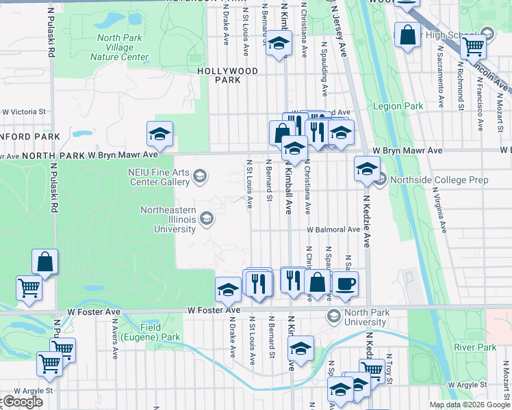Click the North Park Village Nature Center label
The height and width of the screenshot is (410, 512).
click(119, 47)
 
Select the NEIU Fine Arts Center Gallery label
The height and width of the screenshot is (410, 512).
click(158, 178)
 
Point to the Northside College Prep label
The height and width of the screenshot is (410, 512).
click(422, 179)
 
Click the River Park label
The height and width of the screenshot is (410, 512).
click(474, 347)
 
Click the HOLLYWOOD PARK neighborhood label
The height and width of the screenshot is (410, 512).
click(227, 75)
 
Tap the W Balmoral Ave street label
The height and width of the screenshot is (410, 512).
click(333, 231)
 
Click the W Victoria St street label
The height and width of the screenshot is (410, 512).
click(23, 111)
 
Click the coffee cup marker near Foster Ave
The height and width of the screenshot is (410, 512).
click(344, 284)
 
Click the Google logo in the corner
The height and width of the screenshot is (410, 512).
click(22, 402)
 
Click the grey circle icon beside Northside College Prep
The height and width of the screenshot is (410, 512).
click(381, 179)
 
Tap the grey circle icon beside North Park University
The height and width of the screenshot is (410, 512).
click(334, 315)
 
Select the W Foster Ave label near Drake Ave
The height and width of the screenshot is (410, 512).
click(214, 310)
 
